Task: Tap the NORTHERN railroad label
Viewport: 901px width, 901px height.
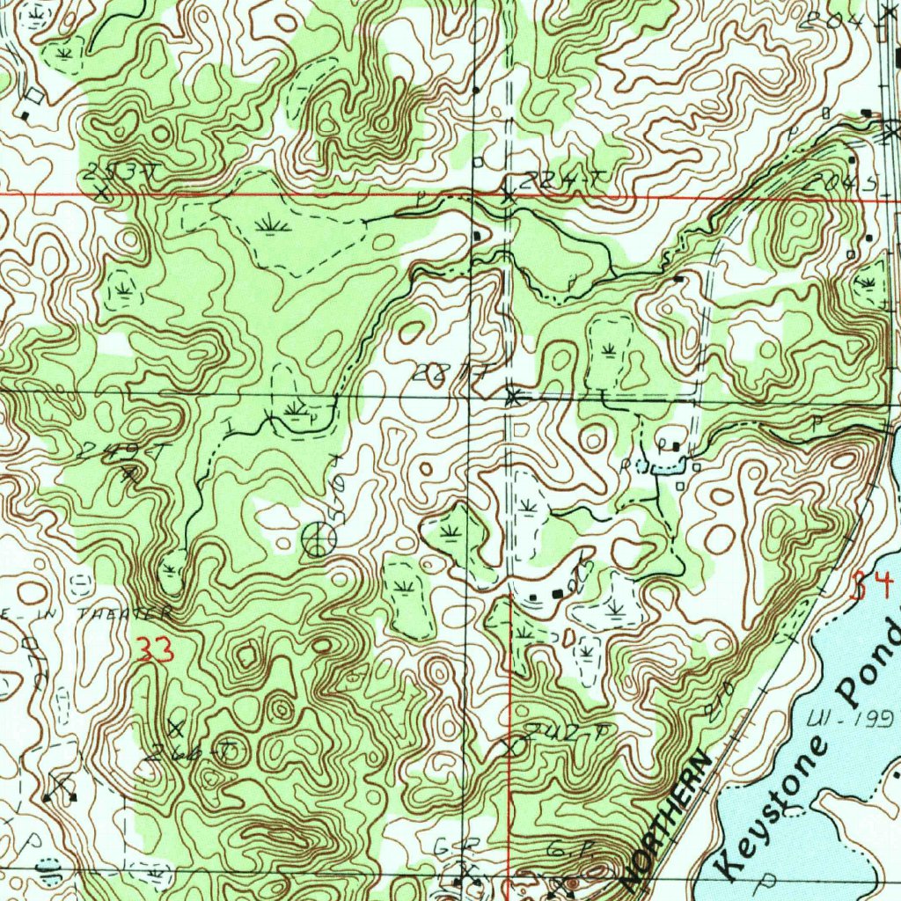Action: pyautogui.click(x=667, y=818)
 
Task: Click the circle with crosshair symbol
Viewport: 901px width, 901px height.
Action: pyautogui.click(x=319, y=538)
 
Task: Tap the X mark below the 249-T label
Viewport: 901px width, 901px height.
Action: pyautogui.click(x=129, y=475)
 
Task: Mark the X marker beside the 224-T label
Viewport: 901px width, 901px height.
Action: pyautogui.click(x=509, y=194)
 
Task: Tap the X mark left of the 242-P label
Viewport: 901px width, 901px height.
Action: pyautogui.click(x=512, y=746)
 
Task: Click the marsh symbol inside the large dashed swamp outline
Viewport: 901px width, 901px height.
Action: pyautogui.click(x=272, y=227)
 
